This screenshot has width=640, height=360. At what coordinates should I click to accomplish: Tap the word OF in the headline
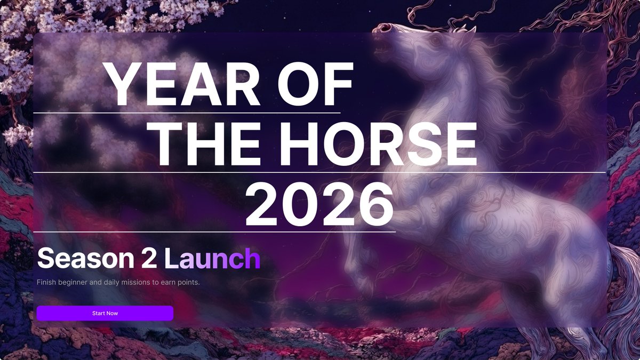click(x=315, y=85)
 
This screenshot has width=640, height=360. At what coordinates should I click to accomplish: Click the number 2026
click(x=319, y=203)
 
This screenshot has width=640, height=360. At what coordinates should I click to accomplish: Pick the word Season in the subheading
click(x=86, y=259)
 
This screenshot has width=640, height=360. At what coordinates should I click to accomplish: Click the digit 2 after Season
click(x=149, y=259)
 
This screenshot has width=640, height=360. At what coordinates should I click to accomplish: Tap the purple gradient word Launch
click(x=212, y=259)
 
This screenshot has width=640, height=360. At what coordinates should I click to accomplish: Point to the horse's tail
click(x=621, y=299)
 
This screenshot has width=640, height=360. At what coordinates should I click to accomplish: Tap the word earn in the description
click(x=167, y=282)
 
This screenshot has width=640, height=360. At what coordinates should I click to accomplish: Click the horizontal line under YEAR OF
click(x=187, y=113)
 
